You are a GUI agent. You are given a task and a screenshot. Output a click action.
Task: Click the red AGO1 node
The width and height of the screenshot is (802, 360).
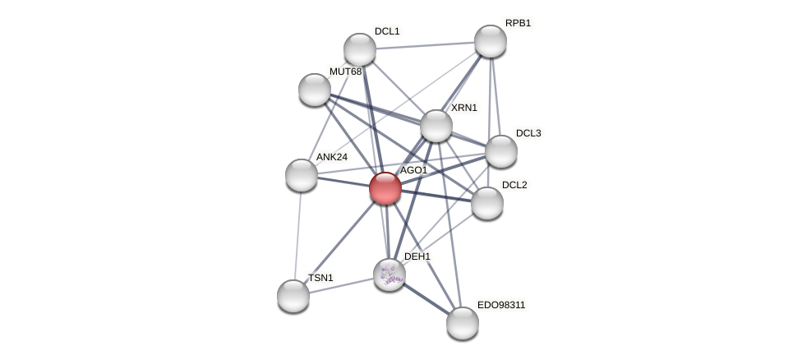pos(385,188)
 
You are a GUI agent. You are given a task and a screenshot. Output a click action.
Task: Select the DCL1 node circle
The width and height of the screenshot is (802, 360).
pos(360,49)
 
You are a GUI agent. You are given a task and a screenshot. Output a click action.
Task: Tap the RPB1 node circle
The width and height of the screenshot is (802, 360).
pos(491,41)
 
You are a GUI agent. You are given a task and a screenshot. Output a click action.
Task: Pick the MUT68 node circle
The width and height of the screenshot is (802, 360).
pos(315,90)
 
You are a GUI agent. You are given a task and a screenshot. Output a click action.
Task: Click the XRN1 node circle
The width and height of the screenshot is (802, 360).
pos(436,126)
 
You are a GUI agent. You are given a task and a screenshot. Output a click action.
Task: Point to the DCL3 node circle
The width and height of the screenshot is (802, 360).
pos(501,151)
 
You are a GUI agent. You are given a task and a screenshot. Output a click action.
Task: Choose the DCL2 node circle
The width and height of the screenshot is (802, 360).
pos(487,203)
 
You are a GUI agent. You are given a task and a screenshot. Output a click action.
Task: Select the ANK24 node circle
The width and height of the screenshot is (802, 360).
pos(302,175)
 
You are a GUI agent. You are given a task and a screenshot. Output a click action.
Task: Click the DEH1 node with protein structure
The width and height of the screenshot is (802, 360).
pos(389,275)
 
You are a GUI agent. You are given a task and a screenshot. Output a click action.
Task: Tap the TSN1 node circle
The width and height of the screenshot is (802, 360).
pos(293,296)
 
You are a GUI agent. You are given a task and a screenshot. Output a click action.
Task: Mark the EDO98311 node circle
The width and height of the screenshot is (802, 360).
pos(463,323)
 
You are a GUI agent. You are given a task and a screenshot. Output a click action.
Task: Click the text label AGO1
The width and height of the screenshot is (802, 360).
pos(413,170)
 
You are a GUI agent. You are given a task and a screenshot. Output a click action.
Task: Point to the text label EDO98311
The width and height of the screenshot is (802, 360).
pos(501,305)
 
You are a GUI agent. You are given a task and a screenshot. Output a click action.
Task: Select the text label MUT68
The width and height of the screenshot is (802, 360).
pos(345,72)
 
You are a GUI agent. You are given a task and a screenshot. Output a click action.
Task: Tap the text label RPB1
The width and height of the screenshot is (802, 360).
pos(518,23)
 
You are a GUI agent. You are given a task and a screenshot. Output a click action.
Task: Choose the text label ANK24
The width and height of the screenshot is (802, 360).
pos(332,157)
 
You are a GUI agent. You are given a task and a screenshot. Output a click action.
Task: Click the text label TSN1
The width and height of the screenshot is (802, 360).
pos(320,278)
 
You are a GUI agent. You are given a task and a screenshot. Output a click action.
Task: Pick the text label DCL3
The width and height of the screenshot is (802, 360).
pos(528,133)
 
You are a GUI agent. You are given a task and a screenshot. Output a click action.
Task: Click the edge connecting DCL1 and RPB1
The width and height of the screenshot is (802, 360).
pos(425,45)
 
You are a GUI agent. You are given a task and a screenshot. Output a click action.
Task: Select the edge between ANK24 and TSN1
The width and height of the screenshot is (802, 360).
pos(297,235)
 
